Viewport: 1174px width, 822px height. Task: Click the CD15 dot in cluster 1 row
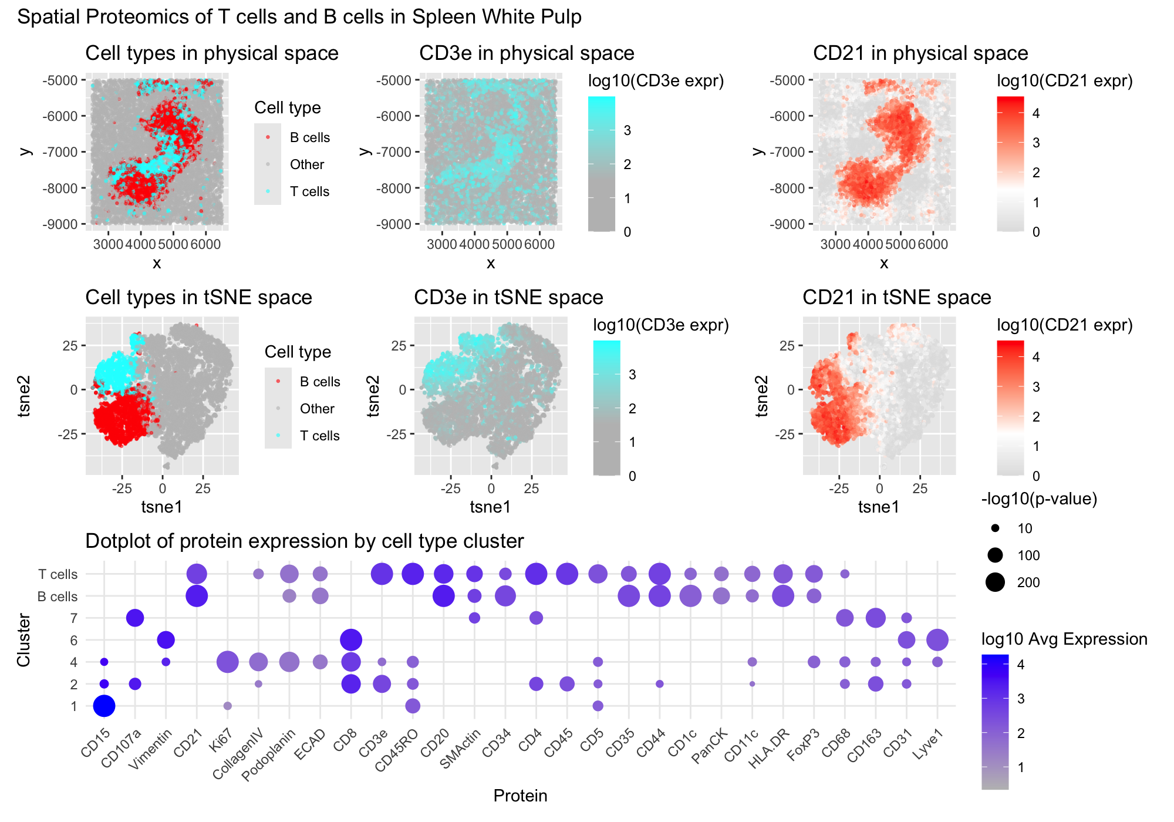[x=104, y=706]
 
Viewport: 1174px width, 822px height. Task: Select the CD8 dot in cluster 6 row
[x=350, y=640]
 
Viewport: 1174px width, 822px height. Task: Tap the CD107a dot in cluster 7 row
[x=135, y=618]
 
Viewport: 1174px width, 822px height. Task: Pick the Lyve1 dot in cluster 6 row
[x=937, y=640]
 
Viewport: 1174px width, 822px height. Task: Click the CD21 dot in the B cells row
[x=197, y=596]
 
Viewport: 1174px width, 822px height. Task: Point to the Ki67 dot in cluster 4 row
[x=227, y=662]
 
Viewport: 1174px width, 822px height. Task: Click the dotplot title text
[x=304, y=541]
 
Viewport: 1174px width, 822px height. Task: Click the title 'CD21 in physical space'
[x=920, y=53]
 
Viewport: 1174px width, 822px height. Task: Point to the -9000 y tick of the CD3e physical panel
[x=396, y=224]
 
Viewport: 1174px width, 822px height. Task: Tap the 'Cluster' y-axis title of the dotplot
[x=23, y=640]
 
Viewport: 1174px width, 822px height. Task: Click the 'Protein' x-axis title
[x=520, y=796]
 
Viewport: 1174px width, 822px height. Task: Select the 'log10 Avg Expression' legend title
[x=1064, y=639]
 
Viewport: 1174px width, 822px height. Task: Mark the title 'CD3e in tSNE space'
[x=508, y=297]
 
